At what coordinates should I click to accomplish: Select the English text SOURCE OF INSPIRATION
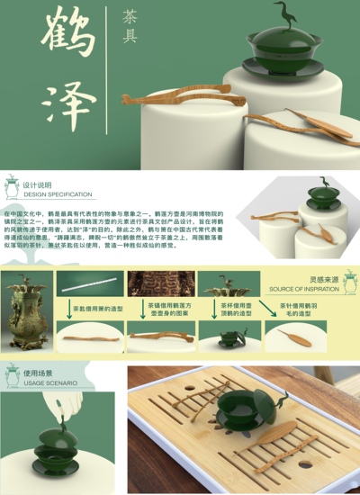(x=302, y=289)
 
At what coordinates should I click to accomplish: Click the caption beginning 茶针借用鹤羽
(x=295, y=309)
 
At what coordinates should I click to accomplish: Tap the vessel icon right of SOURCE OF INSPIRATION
(x=348, y=282)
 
